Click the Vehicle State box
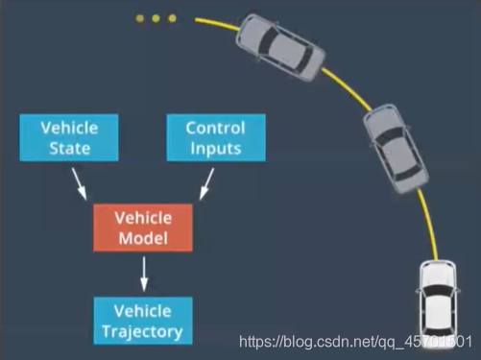[69, 137]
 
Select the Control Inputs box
[216, 137]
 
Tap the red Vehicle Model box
[143, 228]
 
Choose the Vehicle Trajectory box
[143, 321]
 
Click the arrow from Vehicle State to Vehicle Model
[79, 184]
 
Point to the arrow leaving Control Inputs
[206, 184]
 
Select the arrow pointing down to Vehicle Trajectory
[144, 274]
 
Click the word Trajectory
[142, 332]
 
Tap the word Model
[143, 238]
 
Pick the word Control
[215, 128]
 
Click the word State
[69, 149]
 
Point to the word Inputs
[216, 149]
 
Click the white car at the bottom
[438, 305]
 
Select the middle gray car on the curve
[396, 149]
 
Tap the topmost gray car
[280, 47]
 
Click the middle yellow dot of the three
[156, 18]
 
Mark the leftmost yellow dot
[139, 18]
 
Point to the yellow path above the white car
[430, 224]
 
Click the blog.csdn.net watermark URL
[355, 342]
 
